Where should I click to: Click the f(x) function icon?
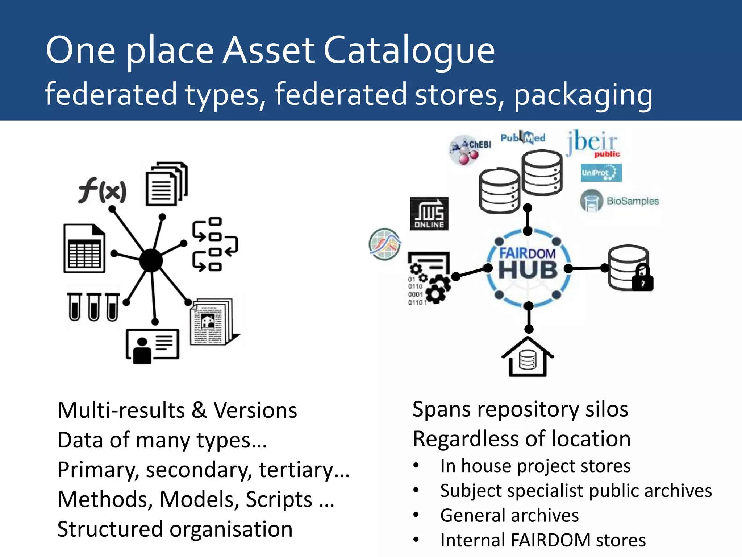[x=103, y=190]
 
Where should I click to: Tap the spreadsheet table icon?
[x=84, y=248]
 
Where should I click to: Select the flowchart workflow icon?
[x=214, y=244]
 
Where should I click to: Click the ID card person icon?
[x=153, y=345]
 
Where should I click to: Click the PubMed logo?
[x=523, y=137]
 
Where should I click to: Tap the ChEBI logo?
[x=470, y=149]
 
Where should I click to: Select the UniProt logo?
[x=601, y=173]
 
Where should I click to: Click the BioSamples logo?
[x=620, y=201]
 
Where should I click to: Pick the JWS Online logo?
[x=429, y=214]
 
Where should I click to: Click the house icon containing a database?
[x=528, y=357]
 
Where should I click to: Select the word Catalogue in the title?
[x=409, y=50]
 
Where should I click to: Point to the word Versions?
[x=255, y=410]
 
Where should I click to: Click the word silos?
[x=607, y=409]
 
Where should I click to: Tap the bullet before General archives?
[x=416, y=515]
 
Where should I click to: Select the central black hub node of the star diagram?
[x=151, y=260]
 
